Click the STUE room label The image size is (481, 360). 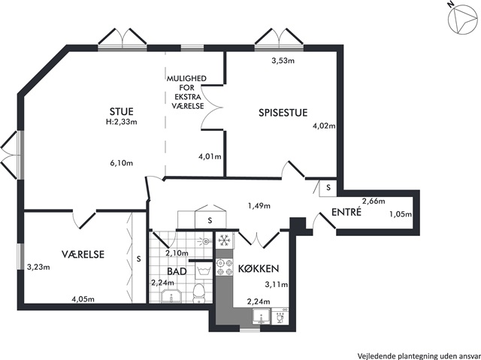122,111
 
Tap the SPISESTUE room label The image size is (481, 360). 283,113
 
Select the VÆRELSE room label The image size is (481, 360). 83,254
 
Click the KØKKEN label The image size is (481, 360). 259,268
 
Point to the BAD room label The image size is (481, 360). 177,271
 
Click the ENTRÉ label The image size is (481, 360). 346,212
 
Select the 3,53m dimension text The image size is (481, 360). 283,61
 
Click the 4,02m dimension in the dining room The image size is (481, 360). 324,126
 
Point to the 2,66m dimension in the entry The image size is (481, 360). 374,201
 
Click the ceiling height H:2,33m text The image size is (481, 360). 122,122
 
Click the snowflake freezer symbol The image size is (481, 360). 224,241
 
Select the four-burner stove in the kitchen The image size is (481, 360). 224,268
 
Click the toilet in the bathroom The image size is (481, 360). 198,293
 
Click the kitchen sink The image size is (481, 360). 262,316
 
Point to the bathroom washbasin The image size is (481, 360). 171,297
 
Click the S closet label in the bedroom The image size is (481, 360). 138,259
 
